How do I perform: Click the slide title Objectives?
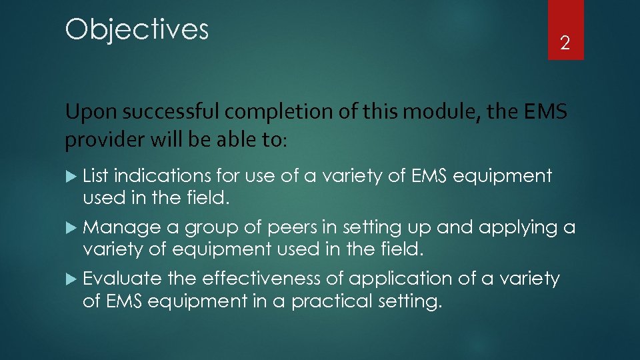137,30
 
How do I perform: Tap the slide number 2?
565,44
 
